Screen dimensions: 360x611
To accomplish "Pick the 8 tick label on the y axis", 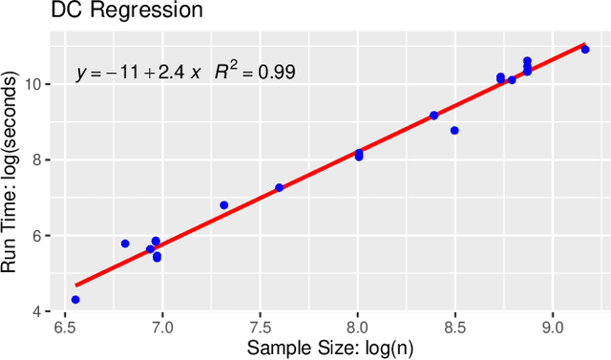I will tap(36, 160).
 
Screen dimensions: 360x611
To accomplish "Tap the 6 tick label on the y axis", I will tap(36, 236).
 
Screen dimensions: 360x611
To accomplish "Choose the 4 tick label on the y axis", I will tap(36, 311).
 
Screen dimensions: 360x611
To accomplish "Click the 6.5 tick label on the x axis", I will tap(65, 328).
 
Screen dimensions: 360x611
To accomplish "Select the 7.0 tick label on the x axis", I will tap(162, 328).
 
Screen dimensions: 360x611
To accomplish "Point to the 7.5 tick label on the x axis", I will tap(260, 328).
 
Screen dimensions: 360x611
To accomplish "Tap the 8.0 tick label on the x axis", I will tap(357, 328).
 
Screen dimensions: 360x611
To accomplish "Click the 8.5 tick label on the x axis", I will tap(455, 328).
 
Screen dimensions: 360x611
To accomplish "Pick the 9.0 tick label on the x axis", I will tap(553, 328).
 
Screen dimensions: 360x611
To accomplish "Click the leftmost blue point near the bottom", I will tap(75, 300).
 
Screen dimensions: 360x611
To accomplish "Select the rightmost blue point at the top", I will tap(585, 50).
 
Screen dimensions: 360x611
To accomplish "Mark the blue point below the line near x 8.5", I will tap(454, 131).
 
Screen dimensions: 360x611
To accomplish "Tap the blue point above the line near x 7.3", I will tap(224, 205).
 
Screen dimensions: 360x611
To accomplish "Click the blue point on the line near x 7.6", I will tap(279, 188).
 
